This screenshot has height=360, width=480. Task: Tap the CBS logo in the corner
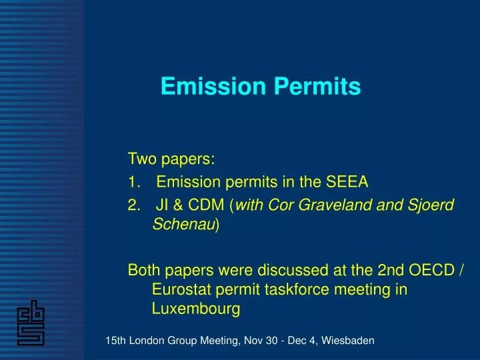31,322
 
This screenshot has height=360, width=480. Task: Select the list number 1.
133,182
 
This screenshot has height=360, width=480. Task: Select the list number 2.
133,205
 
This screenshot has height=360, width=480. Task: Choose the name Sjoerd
431,205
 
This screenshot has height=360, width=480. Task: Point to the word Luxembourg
195,309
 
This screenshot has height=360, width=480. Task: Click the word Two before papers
141,159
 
